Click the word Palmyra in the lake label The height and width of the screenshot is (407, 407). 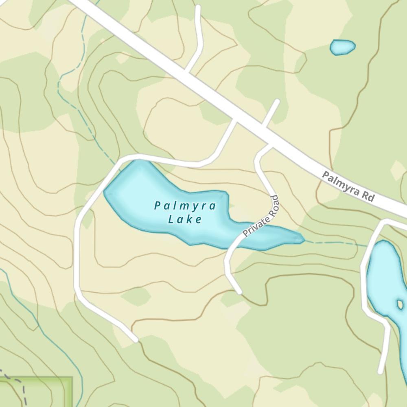tap(185, 206)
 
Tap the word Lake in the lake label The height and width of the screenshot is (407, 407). tap(185, 220)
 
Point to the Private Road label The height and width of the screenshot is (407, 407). tap(261, 216)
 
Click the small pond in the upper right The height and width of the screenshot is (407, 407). tap(343, 47)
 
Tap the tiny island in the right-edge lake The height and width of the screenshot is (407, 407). tap(400, 304)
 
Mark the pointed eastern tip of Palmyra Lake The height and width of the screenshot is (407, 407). tap(303, 239)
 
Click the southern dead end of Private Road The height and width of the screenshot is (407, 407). tap(239, 291)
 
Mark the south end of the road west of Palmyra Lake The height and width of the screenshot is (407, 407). tap(135, 339)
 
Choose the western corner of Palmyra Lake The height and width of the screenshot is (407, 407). tap(106, 191)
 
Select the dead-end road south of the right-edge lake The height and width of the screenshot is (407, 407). tap(383, 358)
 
